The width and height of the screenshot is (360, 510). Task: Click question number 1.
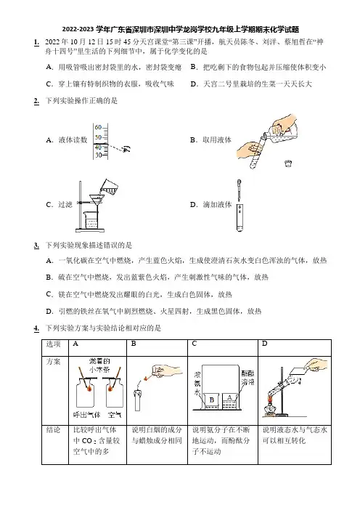click(36, 42)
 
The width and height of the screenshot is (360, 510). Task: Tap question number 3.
click(36, 246)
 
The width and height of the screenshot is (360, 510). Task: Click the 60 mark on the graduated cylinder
click(98, 128)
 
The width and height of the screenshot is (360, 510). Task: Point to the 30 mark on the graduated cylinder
click(98, 155)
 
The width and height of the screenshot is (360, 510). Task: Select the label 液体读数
click(73, 140)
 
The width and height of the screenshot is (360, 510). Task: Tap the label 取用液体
click(217, 140)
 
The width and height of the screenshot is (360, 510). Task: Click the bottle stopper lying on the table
click(288, 163)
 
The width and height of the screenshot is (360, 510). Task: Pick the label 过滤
click(65, 205)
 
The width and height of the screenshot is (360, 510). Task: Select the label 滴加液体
click(217, 205)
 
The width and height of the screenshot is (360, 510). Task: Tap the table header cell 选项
click(53, 344)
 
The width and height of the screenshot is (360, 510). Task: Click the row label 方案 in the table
click(53, 361)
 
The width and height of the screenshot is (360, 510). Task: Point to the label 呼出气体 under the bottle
click(86, 415)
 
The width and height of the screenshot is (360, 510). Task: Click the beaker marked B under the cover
click(212, 401)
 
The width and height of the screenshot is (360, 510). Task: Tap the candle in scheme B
click(138, 398)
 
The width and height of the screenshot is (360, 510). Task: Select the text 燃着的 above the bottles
click(99, 361)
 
